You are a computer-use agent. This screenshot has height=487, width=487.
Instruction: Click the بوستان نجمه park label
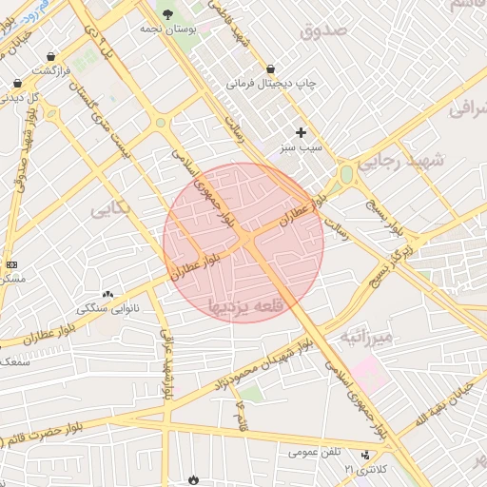pos(167,29)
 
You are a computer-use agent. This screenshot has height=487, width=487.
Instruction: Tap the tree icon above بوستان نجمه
pos(168,13)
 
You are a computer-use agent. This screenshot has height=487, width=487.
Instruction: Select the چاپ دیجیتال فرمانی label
pos(270,84)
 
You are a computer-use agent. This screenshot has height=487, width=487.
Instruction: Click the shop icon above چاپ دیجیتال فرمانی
pos(271,68)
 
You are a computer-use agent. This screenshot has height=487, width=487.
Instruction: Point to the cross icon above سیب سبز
pos(302,132)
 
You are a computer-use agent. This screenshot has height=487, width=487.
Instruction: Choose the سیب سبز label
pos(302,148)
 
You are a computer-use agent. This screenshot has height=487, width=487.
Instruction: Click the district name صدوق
pos(326,30)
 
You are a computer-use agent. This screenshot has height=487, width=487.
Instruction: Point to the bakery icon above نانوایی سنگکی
pos(107,294)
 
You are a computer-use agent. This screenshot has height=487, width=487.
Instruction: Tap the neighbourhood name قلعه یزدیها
pos(246,305)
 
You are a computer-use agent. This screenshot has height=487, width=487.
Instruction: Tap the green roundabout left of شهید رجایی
pos(346,174)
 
